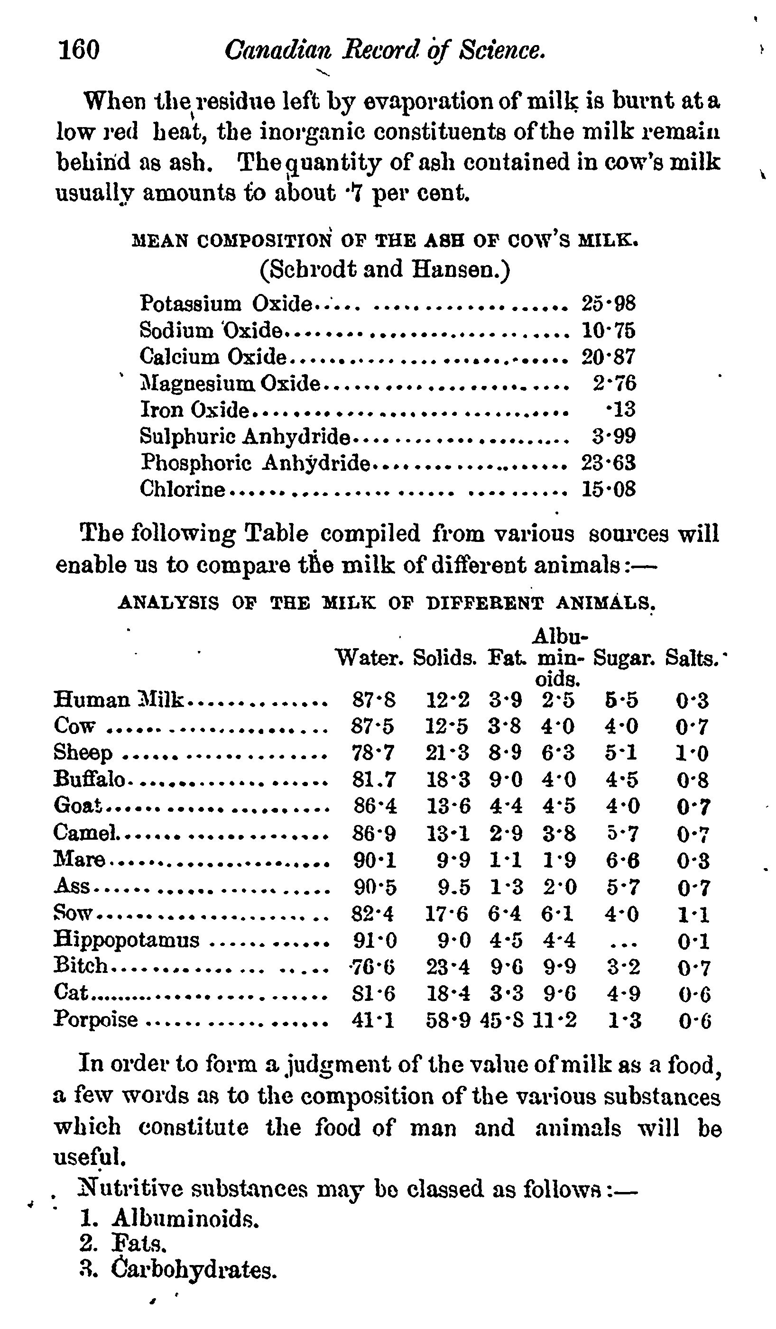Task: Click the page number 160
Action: (x=79, y=51)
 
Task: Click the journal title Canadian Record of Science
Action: (x=385, y=51)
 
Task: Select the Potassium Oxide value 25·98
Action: (x=608, y=304)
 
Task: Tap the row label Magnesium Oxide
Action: (x=230, y=383)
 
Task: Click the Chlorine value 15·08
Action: (x=608, y=489)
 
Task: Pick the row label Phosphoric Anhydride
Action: (x=255, y=462)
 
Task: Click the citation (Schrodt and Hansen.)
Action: (x=385, y=269)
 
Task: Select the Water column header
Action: (x=370, y=658)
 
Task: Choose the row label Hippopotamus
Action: (x=127, y=939)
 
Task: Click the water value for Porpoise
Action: (x=373, y=1020)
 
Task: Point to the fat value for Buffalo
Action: (x=505, y=779)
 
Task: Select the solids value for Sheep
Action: (x=447, y=752)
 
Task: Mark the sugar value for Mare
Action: (x=622, y=860)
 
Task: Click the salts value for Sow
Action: (x=693, y=914)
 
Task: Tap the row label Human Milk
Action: (x=119, y=700)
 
